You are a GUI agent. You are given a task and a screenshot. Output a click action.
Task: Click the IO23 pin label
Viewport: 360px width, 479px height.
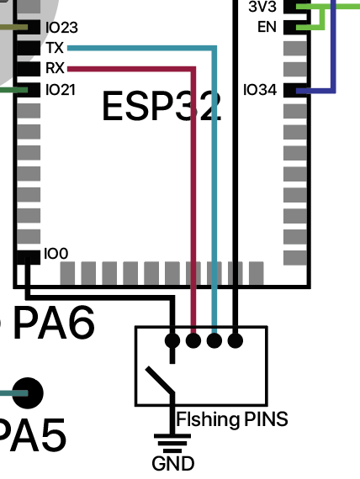coord(61,28)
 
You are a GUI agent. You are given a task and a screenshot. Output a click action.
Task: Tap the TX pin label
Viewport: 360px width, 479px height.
coord(55,48)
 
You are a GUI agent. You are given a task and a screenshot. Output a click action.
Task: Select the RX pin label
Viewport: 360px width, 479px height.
coord(55,68)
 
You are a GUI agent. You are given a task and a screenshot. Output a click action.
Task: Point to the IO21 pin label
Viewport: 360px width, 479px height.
coord(61,90)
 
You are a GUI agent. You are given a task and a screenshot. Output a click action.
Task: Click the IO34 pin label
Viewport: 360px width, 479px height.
coord(260,90)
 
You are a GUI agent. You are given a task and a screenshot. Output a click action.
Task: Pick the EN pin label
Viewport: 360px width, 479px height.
coord(267,27)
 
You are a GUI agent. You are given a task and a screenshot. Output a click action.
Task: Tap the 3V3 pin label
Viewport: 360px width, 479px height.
coord(262,7)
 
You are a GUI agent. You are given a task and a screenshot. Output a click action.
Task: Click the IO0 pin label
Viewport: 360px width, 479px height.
coord(56,254)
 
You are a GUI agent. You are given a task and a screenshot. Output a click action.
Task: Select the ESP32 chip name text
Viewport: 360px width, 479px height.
coord(161,106)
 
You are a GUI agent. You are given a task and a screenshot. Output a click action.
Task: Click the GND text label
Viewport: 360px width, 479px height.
coord(172,464)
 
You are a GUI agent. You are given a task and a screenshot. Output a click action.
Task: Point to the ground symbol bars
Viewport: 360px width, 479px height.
coord(172,443)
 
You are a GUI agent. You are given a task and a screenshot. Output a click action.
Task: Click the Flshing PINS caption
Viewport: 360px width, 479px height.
coord(232,419)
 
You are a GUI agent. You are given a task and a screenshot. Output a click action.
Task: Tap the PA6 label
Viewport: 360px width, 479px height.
coord(54,323)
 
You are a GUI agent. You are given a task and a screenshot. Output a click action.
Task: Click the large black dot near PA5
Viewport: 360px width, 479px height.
coord(28,393)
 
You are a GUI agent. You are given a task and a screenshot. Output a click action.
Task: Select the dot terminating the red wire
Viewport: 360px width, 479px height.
coord(193,340)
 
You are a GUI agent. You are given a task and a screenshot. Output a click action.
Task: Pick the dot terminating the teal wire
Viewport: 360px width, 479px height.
coord(214,340)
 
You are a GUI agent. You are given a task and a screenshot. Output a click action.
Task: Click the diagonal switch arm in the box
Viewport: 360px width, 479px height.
coord(160,380)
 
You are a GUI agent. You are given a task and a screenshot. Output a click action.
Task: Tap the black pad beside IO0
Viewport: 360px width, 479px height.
coord(28,257)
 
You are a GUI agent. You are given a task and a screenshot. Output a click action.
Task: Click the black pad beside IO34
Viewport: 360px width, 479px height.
coord(295,90)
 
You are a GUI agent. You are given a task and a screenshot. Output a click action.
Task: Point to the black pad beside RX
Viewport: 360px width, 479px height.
coord(29,69)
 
